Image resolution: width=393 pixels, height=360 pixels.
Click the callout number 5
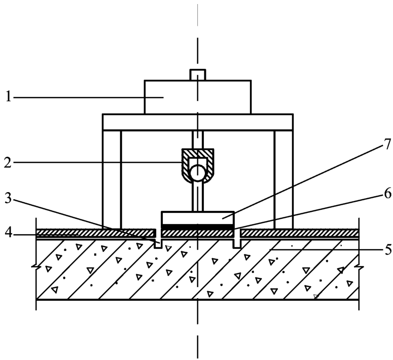386,250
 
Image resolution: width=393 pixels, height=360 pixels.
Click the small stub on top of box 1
197,75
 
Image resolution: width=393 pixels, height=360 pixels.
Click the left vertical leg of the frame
112,179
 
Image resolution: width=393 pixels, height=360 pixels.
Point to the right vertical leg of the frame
283,179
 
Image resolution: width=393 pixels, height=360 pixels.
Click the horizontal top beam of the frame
197,121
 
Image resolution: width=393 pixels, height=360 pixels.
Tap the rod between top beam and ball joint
197,139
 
